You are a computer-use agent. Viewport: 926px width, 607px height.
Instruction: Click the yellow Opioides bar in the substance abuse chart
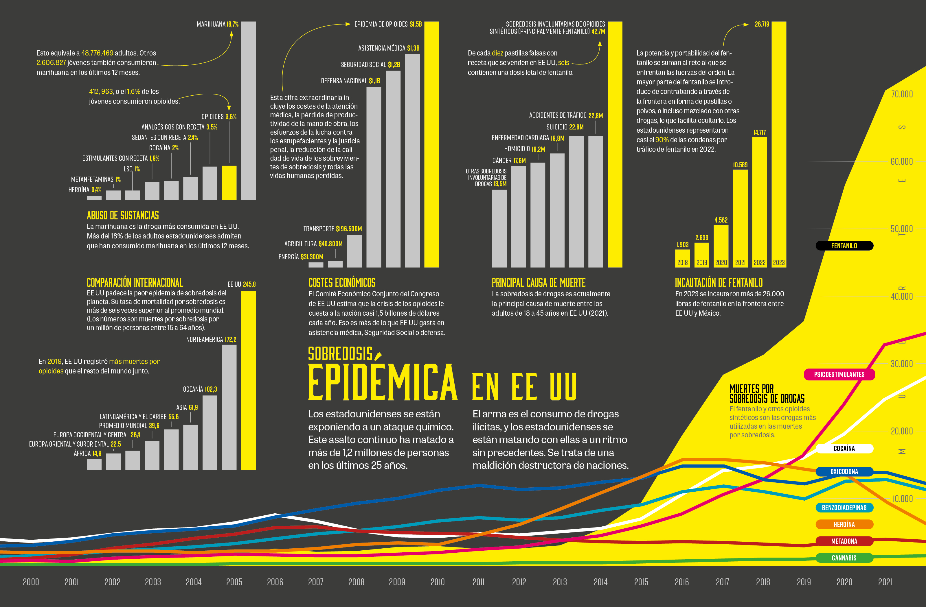click(x=229, y=183)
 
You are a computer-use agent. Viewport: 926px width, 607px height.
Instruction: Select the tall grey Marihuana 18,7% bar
click(x=249, y=111)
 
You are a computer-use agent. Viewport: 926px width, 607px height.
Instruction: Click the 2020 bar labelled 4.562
click(x=721, y=246)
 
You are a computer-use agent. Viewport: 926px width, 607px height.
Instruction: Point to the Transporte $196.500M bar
click(x=354, y=251)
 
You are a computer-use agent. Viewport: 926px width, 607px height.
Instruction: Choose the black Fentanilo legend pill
click(x=844, y=246)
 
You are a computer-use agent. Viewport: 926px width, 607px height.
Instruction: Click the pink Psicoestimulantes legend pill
click(x=839, y=374)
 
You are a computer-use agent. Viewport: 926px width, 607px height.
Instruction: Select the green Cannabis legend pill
click(x=844, y=558)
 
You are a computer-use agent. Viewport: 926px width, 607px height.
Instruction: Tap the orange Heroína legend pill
click(x=844, y=524)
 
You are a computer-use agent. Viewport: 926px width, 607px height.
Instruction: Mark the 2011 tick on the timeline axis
click(x=478, y=582)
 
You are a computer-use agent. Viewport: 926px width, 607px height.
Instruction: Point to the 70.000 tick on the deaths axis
click(x=901, y=94)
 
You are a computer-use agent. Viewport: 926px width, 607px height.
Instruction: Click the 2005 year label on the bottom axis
click(x=234, y=582)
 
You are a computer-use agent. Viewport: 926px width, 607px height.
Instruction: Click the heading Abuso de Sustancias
click(x=123, y=215)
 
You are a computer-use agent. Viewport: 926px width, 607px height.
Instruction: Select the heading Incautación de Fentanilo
click(x=719, y=282)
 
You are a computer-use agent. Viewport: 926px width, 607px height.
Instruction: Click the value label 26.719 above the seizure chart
click(x=762, y=24)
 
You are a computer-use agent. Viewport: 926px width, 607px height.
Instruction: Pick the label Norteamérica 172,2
click(x=211, y=340)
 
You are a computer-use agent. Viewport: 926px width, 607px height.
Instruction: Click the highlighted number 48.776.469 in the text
click(x=97, y=53)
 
